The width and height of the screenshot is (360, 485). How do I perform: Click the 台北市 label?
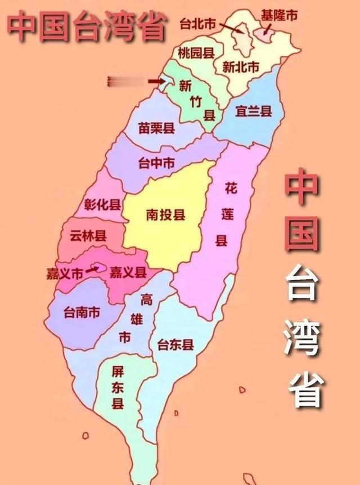coord(197,24)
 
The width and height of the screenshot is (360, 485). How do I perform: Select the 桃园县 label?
coord(195,54)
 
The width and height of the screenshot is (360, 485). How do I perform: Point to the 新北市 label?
coord(240,67)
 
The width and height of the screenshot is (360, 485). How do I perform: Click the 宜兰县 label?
coord(253,111)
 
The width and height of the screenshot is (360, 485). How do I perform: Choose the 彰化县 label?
coord(102,204)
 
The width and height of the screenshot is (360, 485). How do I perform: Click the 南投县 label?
coord(165,215)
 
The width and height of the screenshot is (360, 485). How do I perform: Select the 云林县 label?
coord(88,236)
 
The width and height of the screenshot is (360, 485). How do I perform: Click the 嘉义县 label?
coord(128,273)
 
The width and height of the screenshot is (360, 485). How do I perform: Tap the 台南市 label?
coord(82,311)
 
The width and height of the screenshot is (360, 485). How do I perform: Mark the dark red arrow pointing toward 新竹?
coord(155,82)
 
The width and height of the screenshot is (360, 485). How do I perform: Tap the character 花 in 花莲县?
coord(230,188)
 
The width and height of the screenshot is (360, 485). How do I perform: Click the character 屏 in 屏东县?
coord(118,372)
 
